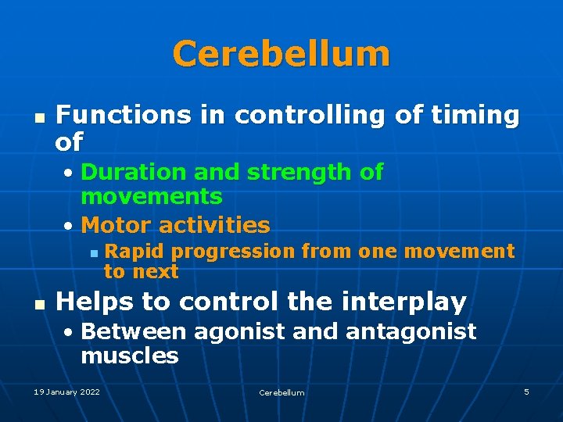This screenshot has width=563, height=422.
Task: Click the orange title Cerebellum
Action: click(x=281, y=54)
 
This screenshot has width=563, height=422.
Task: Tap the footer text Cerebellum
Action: click(x=281, y=392)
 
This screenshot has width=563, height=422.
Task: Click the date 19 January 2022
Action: click(x=66, y=392)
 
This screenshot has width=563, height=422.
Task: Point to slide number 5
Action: click(x=526, y=392)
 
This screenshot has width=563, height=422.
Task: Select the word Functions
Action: click(x=123, y=116)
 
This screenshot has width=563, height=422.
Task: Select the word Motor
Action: click(x=116, y=226)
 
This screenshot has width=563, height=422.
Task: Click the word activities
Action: click(x=213, y=226)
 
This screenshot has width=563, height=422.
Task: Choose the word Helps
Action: click(x=94, y=301)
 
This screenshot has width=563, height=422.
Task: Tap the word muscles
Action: click(x=130, y=357)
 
